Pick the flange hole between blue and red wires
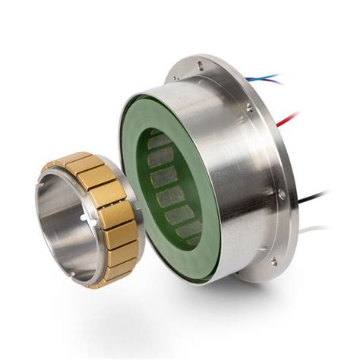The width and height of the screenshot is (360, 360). tap(250, 109)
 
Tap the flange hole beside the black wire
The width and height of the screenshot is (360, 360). tap(282, 194)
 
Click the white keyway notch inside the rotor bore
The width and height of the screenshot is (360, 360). tap(82, 221)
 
